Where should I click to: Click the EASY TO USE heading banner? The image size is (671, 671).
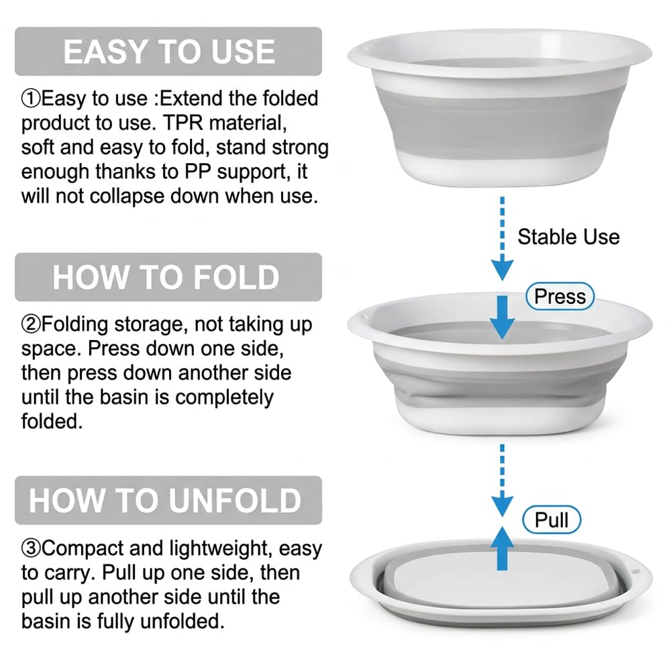click(168, 52)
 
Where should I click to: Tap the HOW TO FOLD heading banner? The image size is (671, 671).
click(168, 277)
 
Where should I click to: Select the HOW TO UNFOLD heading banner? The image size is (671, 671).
click(168, 501)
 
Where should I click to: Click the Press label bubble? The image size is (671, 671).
click(560, 296)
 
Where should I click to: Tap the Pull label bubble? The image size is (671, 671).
click(552, 520)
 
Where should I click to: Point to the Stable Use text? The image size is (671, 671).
click(569, 237)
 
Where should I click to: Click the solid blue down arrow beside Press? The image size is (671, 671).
click(503, 317)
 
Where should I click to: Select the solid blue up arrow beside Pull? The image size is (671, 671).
click(503, 548)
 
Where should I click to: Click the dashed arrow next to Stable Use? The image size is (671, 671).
click(503, 239)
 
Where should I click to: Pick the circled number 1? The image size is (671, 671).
click(31, 99)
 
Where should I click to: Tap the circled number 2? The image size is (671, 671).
click(31, 324)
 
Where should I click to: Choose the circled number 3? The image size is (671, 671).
click(31, 549)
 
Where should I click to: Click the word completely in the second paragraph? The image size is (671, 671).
click(224, 398)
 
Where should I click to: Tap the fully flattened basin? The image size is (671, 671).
click(501, 582)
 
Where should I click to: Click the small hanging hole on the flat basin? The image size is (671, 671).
click(635, 572)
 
